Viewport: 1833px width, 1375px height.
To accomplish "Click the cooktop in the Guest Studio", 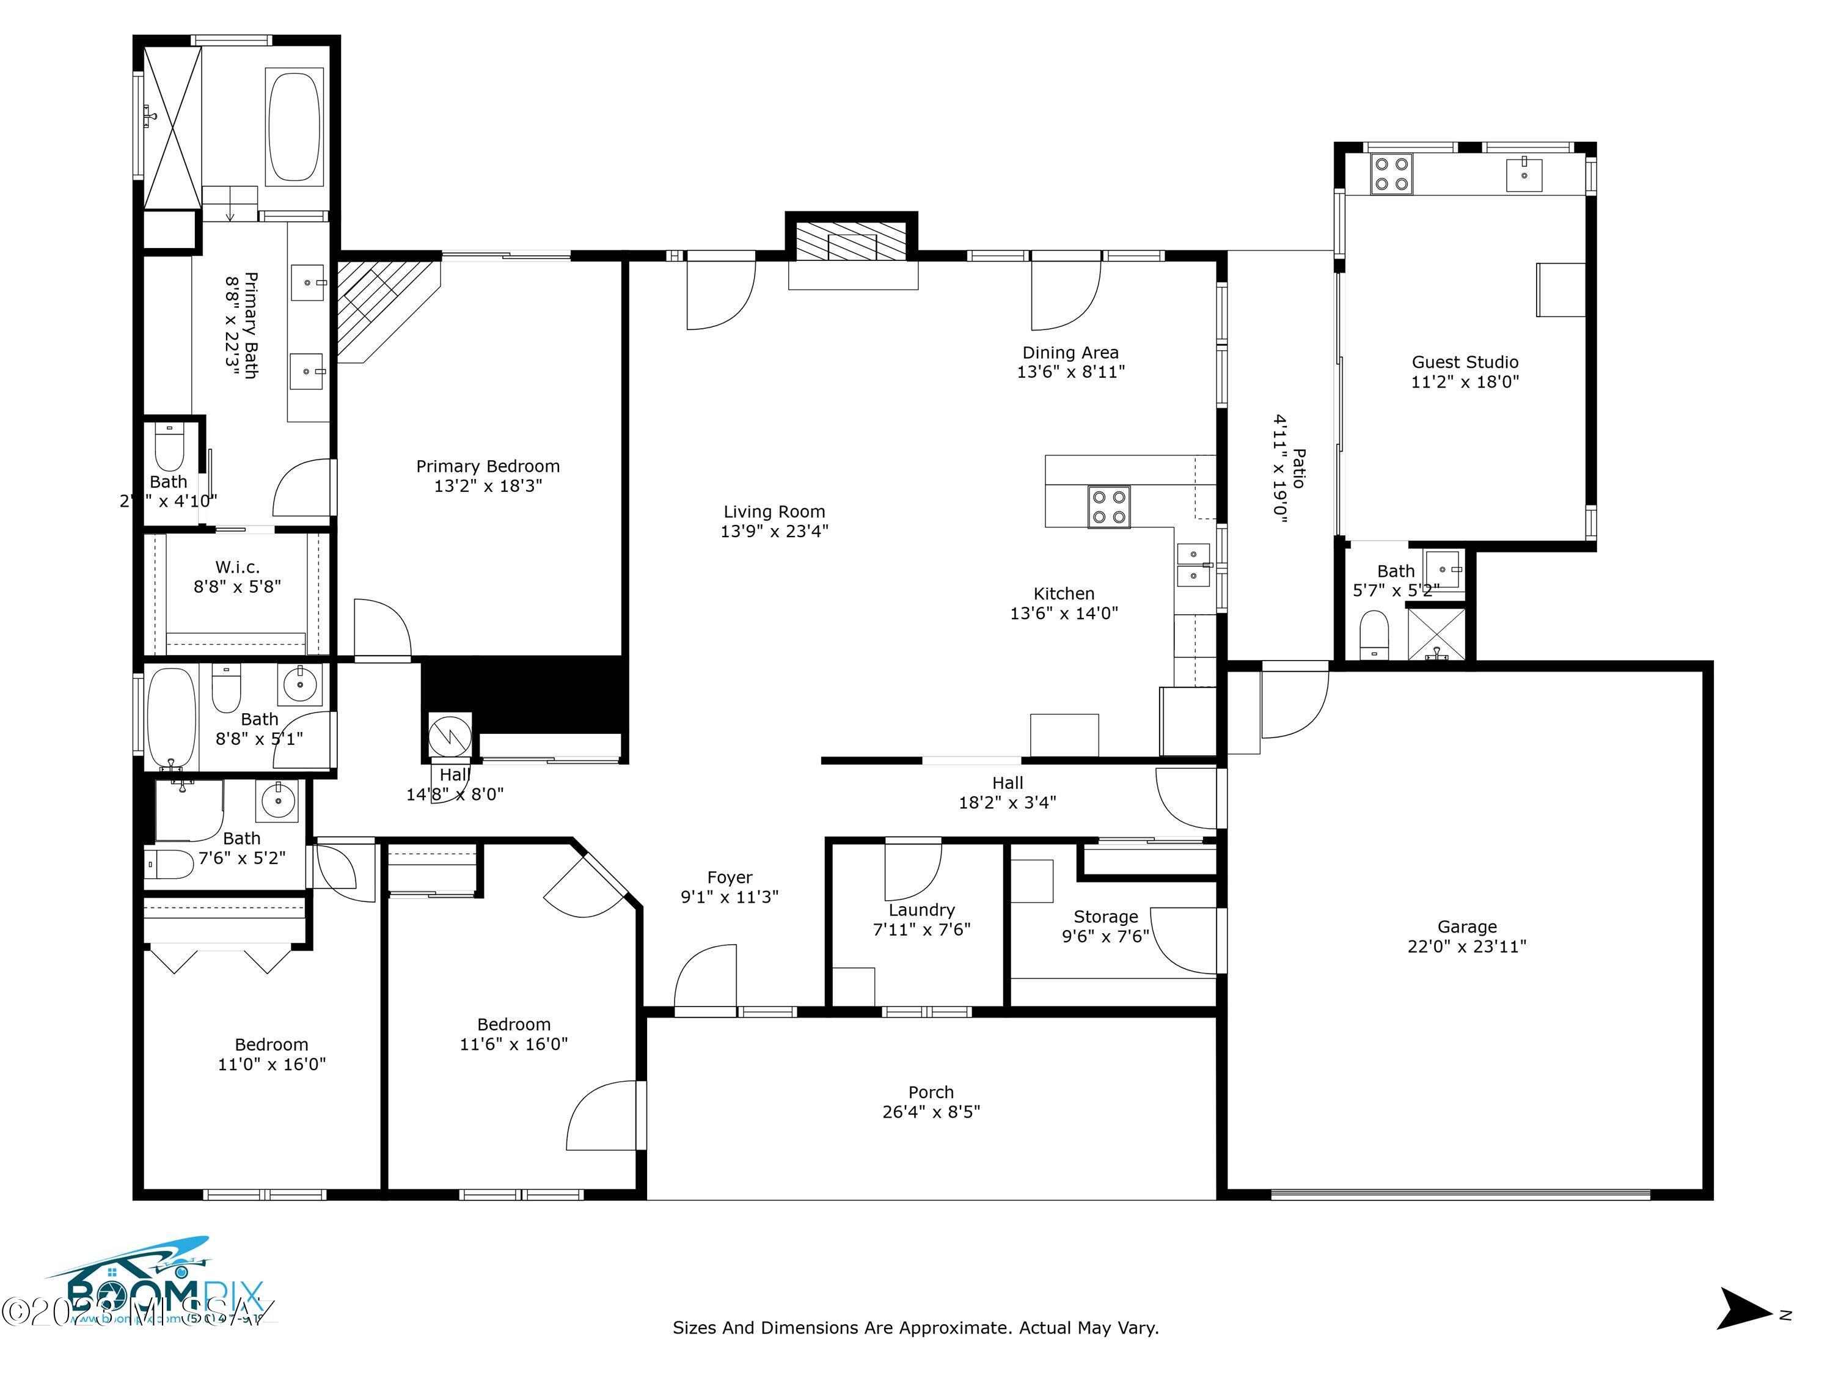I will (x=1391, y=174).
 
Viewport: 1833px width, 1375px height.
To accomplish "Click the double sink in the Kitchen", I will (x=1193, y=565).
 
